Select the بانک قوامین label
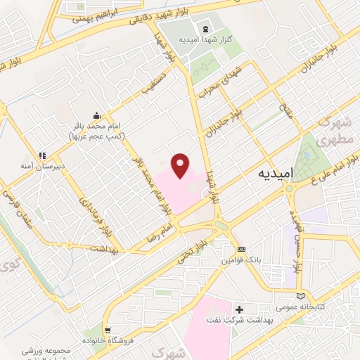[242, 261]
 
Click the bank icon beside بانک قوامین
[242, 250]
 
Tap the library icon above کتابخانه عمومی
[302, 296]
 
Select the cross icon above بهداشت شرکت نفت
[239, 309]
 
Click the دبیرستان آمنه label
[45, 167]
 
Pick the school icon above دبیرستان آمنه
[41, 155]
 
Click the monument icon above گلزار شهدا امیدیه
[204, 29]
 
